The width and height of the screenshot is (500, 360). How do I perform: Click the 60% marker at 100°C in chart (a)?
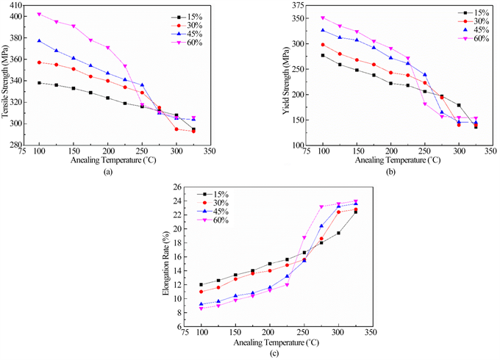tap(40, 14)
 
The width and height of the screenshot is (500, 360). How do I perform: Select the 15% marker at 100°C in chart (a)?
tap(40, 83)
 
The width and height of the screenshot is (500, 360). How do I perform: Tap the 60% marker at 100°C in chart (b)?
tap(323, 18)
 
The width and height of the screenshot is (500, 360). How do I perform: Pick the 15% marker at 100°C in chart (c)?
tap(201, 284)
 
